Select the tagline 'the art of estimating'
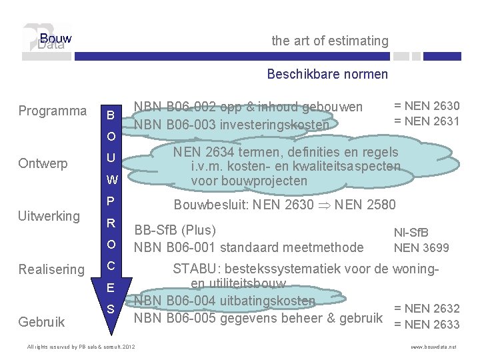click(330, 41)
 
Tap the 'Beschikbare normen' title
click(327, 74)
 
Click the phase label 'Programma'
click(53, 111)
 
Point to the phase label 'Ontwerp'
click(43, 163)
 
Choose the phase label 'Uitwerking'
click(49, 216)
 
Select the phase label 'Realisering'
click(51, 269)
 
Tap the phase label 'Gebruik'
click(42, 322)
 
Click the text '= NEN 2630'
click(427, 106)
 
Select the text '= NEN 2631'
click(427, 121)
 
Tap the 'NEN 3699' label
click(421, 248)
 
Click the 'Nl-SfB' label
click(411, 233)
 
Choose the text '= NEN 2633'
click(427, 325)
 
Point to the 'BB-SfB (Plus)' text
click(175, 231)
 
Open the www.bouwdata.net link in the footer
click(434, 347)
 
